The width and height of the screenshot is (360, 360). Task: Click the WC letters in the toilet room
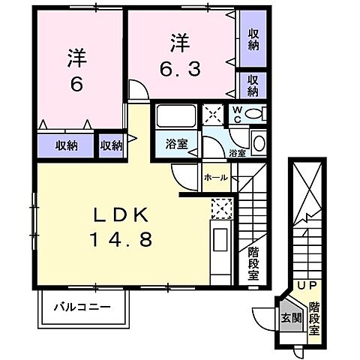click(236, 113)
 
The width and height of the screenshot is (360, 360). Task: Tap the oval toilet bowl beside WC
click(254, 114)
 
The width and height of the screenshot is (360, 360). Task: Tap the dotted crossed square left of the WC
click(214, 115)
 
